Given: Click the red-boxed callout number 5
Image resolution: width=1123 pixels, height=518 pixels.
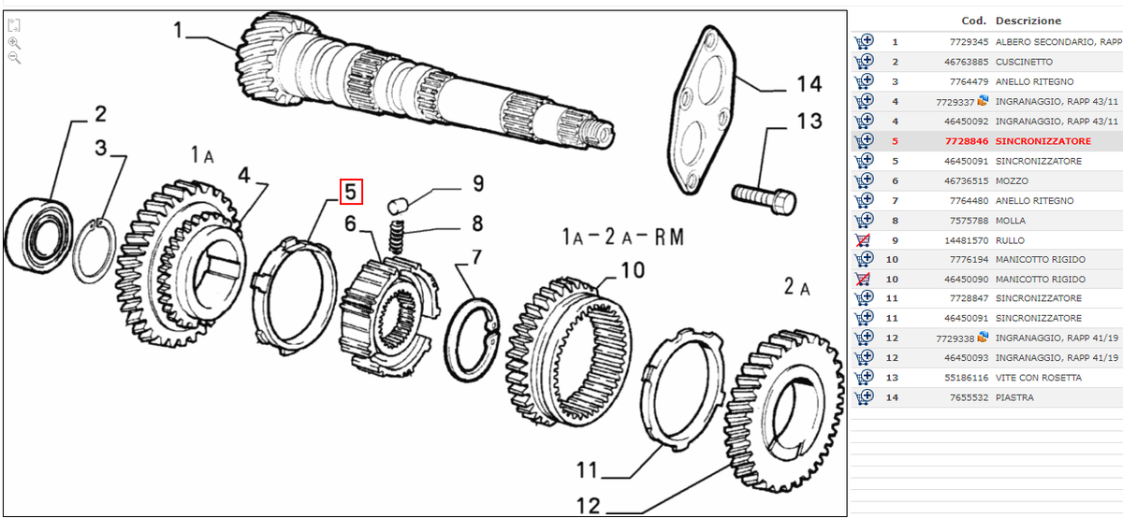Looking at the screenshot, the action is (351, 192).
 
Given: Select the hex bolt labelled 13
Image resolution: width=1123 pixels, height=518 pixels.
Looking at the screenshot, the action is (764, 199).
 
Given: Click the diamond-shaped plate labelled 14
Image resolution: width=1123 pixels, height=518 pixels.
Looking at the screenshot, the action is (702, 109).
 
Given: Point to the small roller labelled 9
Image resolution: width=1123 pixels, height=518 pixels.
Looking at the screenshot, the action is (397, 206).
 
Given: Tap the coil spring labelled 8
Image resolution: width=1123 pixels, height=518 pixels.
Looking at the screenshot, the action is (397, 237).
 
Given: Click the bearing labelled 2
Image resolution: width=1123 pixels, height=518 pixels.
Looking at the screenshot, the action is (38, 236).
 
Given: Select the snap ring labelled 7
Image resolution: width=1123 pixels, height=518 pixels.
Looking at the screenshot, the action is (472, 339).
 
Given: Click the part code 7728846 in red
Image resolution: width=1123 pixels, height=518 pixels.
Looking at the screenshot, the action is (967, 141).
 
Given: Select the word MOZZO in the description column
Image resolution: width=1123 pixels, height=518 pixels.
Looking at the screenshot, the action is (1012, 180).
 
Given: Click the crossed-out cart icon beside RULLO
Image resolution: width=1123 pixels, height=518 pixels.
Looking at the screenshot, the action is (863, 240).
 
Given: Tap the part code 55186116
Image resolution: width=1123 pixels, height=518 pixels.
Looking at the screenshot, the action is (967, 378).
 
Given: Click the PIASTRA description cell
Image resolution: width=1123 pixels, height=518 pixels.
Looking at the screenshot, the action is (1014, 397).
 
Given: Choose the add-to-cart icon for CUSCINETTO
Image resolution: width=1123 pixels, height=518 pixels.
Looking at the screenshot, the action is (864, 62).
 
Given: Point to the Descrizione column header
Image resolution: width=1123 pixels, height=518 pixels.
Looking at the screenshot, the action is (1028, 21).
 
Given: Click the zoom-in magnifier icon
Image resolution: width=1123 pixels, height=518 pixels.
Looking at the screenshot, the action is (15, 43).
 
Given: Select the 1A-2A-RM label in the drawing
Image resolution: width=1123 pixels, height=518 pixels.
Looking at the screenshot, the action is (622, 237).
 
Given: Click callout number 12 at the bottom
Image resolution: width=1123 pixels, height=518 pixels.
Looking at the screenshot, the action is (588, 506).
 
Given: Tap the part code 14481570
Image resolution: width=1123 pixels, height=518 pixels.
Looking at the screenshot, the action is (967, 240).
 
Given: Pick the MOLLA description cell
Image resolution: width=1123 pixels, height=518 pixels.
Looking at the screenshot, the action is (1011, 221).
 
